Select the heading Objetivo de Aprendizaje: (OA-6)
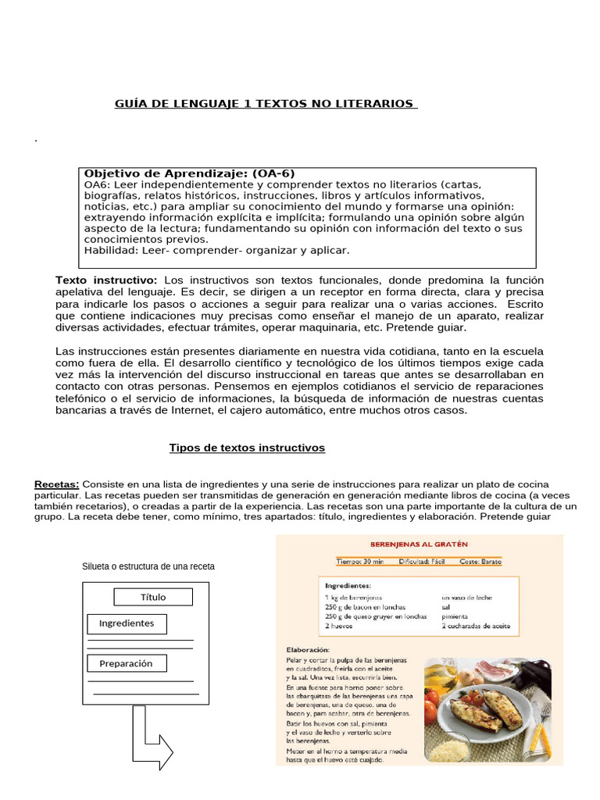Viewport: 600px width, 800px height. [189, 173]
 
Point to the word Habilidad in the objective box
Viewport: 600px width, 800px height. [110, 250]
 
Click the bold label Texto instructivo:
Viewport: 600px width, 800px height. [106, 280]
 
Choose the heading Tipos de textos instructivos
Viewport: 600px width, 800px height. [247, 448]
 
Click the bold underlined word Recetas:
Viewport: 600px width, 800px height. [57, 484]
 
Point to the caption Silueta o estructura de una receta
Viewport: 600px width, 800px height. [148, 566]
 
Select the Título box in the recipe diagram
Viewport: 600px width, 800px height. [153, 597]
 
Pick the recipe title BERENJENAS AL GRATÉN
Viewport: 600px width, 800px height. [419, 544]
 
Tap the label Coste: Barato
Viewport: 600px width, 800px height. [481, 562]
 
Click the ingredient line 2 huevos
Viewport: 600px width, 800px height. [339, 626]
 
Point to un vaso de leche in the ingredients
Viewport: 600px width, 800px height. [466, 597]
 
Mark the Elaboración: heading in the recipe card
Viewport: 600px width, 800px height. [308, 649]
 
